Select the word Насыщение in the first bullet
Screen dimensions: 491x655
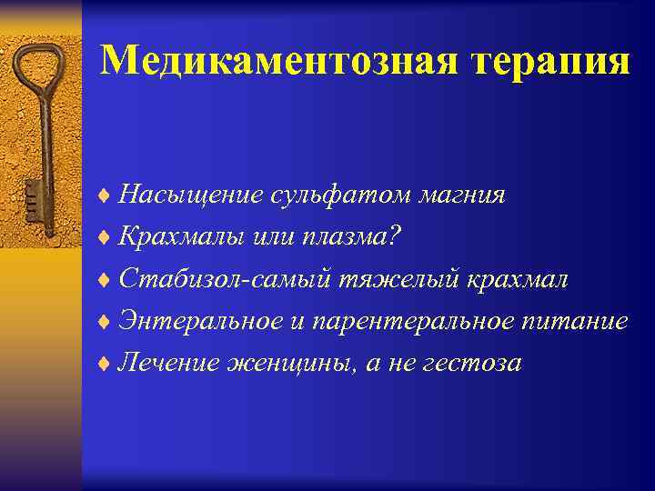(192, 195)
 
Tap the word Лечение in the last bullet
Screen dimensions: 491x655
(172, 363)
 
